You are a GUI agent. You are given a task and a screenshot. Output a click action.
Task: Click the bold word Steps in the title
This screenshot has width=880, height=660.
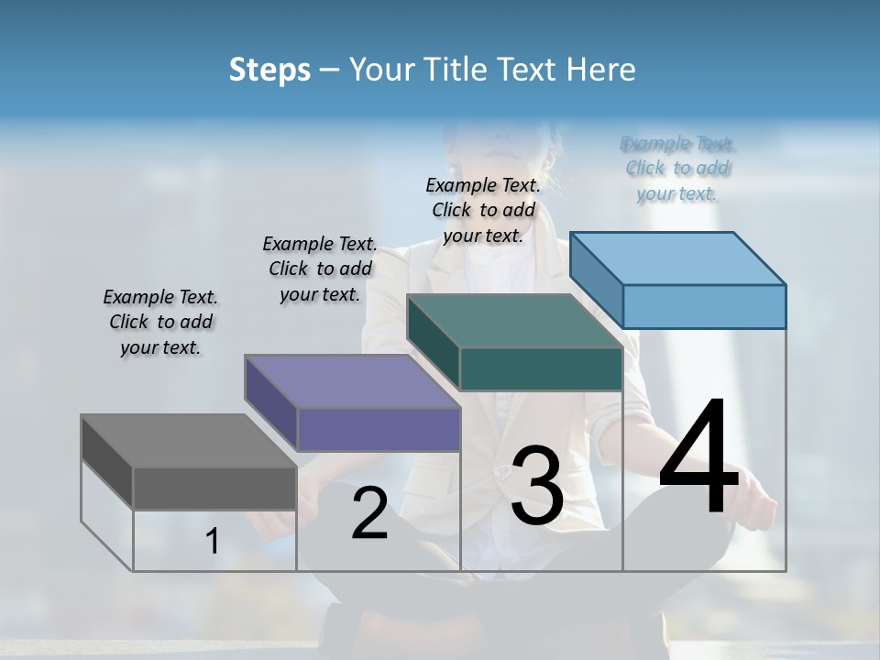(269, 70)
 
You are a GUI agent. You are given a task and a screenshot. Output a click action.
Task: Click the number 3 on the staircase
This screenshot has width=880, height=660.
(537, 486)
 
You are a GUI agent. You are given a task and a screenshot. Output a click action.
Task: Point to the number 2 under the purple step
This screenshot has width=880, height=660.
(369, 514)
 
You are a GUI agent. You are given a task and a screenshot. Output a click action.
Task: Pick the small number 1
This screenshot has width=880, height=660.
(213, 542)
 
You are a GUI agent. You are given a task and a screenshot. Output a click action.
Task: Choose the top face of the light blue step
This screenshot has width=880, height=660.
(678, 258)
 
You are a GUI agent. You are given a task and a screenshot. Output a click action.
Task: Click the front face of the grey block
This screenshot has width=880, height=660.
(214, 488)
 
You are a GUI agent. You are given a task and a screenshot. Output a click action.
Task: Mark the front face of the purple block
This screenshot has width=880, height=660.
(379, 429)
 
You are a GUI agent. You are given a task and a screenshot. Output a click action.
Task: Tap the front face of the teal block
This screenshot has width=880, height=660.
(541, 368)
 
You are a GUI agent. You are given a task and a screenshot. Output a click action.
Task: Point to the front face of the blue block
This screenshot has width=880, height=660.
(704, 306)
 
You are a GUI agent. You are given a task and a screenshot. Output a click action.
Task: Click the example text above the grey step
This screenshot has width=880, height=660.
(160, 322)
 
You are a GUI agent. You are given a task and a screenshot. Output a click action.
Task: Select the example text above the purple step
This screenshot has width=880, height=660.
(320, 269)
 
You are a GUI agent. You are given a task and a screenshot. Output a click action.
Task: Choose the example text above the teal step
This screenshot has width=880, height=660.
(483, 210)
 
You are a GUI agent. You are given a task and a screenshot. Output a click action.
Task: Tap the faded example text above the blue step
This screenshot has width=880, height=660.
(677, 168)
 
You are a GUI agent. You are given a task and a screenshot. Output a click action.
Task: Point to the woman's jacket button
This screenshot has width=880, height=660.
(503, 472)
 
